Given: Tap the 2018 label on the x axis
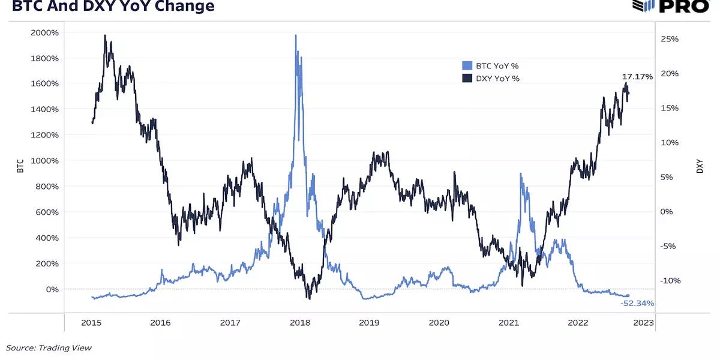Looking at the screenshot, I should pyautogui.click(x=299, y=323).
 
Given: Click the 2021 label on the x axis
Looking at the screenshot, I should pyautogui.click(x=508, y=323).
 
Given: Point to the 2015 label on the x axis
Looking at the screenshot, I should pyautogui.click(x=91, y=323).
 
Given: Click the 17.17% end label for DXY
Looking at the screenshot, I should pyautogui.click(x=637, y=77).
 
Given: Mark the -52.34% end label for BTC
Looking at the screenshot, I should pyautogui.click(x=637, y=304).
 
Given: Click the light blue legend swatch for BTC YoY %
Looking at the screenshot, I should pyautogui.click(x=467, y=66).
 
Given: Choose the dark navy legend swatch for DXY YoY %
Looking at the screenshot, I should pyautogui.click(x=467, y=79).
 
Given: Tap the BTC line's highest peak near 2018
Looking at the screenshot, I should pyautogui.click(x=296, y=35).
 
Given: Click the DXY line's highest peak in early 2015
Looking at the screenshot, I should pyautogui.click(x=106, y=35).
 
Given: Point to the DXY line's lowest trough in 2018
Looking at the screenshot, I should pyautogui.click(x=308, y=298).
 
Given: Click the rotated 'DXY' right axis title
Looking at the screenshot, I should pyautogui.click(x=700, y=167).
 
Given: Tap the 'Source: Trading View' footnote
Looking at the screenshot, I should pyautogui.click(x=49, y=347).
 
